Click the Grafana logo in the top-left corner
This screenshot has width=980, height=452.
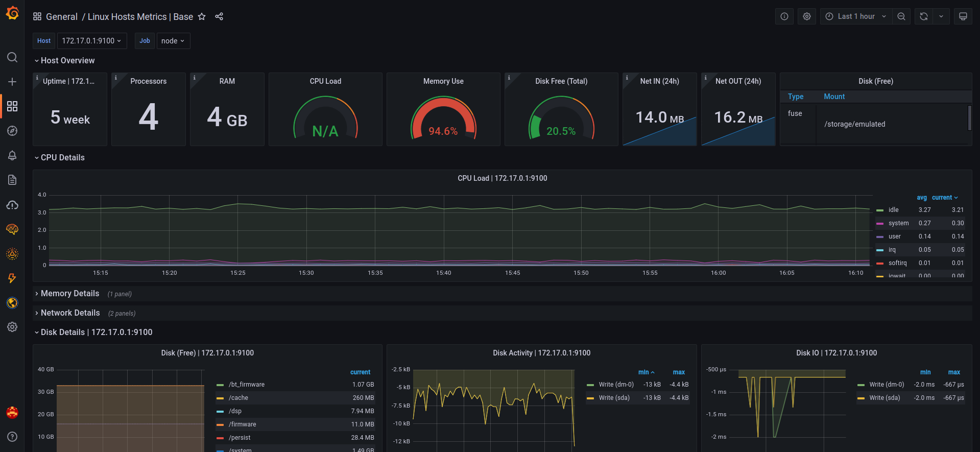point(12,13)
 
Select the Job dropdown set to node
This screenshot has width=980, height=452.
point(173,41)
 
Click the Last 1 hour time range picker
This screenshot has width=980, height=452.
point(856,16)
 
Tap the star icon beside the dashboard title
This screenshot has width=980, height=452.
point(202,16)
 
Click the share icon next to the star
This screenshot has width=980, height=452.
point(219,16)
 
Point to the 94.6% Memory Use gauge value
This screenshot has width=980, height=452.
point(443,131)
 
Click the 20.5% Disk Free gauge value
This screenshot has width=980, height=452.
point(561,131)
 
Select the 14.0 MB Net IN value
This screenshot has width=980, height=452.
point(660,117)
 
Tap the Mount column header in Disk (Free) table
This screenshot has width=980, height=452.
point(834,97)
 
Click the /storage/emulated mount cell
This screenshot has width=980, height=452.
point(854,124)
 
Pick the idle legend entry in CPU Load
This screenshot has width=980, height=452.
point(893,210)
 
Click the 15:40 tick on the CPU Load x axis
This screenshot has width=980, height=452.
point(444,273)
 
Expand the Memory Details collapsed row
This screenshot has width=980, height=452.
point(70,294)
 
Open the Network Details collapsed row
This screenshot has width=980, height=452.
point(70,313)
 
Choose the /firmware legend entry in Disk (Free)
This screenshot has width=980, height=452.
point(243,424)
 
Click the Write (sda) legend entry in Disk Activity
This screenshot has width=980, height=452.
point(614,398)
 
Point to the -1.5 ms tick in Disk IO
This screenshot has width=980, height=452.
point(716,414)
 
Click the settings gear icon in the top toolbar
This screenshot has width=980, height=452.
point(807,16)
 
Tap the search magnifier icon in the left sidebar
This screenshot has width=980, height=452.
point(12,57)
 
